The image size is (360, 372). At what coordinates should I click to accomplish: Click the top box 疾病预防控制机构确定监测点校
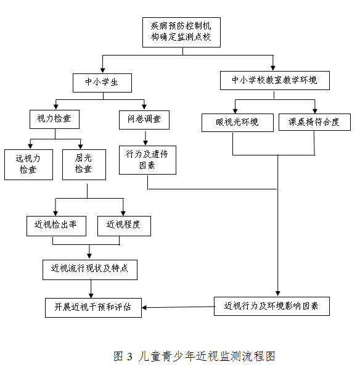pyautogui.click(x=181, y=32)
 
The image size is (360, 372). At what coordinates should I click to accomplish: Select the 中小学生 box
pyautogui.click(x=102, y=83)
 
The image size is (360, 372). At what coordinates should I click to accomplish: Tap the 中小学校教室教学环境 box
pyautogui.click(x=275, y=80)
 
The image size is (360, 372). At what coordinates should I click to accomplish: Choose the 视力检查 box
pyautogui.click(x=54, y=119)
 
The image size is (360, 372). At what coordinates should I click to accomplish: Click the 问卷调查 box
pyautogui.click(x=144, y=120)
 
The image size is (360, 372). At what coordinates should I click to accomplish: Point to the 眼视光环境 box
pyautogui.click(x=237, y=123)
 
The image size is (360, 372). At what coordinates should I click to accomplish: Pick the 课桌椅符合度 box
pyautogui.click(x=314, y=122)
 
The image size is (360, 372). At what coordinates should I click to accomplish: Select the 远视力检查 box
pyautogui.click(x=28, y=165)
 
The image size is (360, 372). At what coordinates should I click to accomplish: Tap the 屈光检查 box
pyautogui.click(x=84, y=165)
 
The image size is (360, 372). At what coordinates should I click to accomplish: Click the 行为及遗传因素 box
pyautogui.click(x=147, y=160)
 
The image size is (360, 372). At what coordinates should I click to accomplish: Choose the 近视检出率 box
pyautogui.click(x=56, y=226)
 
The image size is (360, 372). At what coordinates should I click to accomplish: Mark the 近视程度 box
pyautogui.click(x=124, y=226)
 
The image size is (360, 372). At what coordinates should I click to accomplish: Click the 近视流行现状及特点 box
pyautogui.click(x=90, y=270)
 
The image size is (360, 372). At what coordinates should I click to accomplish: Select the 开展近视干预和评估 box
pyautogui.click(x=93, y=308)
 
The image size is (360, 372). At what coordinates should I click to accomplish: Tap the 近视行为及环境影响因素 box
pyautogui.click(x=272, y=306)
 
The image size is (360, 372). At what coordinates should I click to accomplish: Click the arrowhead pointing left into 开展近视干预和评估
pyautogui.click(x=144, y=308)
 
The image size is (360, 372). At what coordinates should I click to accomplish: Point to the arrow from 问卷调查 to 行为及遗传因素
pyautogui.click(x=145, y=138)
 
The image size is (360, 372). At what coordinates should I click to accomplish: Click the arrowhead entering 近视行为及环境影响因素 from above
pyautogui.click(x=278, y=294)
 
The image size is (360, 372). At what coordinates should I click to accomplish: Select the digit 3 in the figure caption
pyautogui.click(x=129, y=357)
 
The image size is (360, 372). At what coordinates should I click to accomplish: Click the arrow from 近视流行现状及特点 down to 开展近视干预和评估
pyautogui.click(x=91, y=289)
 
